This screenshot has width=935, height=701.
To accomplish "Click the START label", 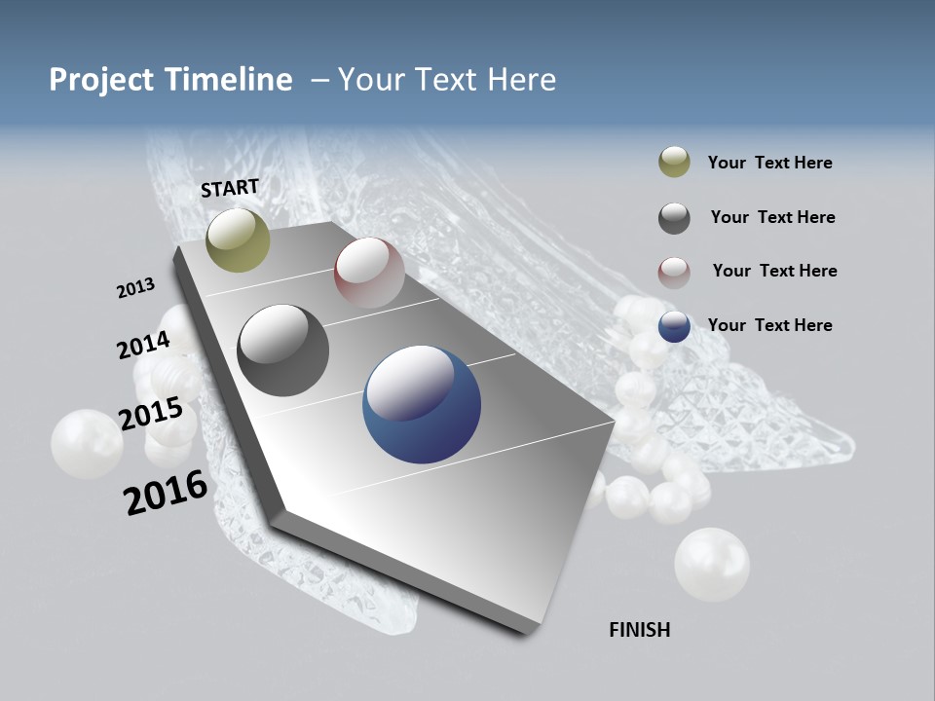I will point(230,188).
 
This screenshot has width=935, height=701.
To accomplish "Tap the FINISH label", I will point(639,630).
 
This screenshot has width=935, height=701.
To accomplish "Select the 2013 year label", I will point(135,288).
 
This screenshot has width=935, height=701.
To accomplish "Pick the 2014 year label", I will point(143,345).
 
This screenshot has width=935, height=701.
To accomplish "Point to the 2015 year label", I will point(151,413).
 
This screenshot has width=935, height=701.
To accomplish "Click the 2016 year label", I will point(166,493).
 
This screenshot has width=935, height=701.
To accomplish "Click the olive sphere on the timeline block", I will point(238,240).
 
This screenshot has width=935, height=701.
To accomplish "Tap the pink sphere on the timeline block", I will point(369,272).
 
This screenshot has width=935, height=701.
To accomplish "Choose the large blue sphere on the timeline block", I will point(421,405).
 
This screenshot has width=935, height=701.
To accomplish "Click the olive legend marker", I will point(674,163).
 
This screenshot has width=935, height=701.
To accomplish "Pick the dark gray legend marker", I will point(674,218).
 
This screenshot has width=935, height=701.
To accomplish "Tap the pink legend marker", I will point(674,272).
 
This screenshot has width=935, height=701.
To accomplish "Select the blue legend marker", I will point(674,326).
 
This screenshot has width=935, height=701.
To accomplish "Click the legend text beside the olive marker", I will point(769,163).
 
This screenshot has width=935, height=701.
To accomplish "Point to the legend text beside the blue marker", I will point(769,325).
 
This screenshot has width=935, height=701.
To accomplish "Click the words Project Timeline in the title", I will point(170,80).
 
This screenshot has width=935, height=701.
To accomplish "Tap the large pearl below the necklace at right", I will point(712,565).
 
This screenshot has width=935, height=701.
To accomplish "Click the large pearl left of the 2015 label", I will point(87,444).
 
